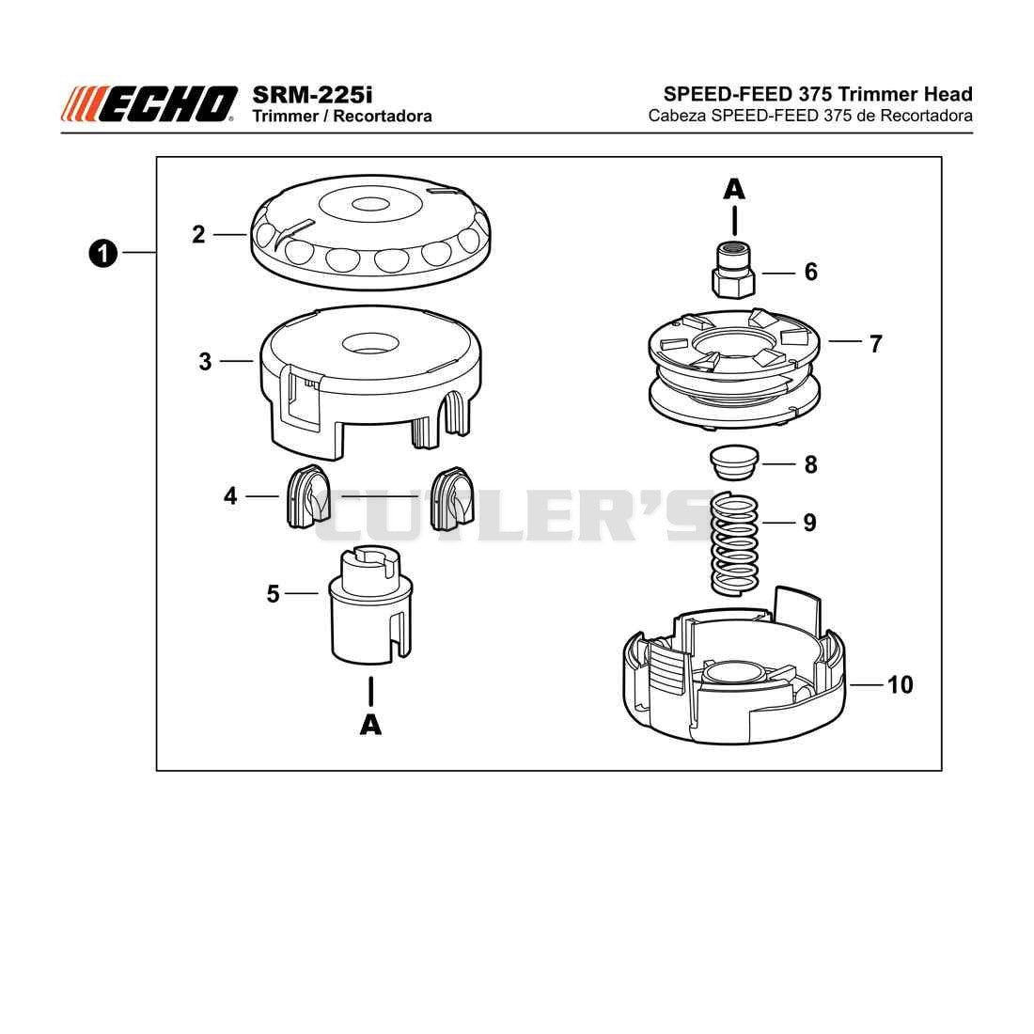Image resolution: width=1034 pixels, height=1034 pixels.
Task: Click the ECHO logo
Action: click(x=149, y=104)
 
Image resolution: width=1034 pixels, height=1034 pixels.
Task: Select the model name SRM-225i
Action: click(x=312, y=94)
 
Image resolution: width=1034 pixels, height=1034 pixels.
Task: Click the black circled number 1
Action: click(x=102, y=254)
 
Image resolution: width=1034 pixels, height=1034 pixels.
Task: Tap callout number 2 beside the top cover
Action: click(x=198, y=235)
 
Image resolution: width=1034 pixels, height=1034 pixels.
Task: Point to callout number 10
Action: click(x=901, y=684)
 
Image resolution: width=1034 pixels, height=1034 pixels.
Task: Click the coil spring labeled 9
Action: click(x=735, y=544)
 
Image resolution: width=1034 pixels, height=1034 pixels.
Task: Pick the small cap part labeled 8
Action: click(x=734, y=463)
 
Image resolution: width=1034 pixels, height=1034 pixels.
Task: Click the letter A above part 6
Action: click(x=734, y=190)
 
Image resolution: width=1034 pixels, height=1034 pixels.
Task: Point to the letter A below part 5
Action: click(x=370, y=725)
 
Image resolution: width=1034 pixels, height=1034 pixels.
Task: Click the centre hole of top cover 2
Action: click(x=370, y=204)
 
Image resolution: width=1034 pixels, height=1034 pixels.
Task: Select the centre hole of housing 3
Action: click(x=370, y=342)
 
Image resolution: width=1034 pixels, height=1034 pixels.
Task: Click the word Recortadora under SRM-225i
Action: click(x=383, y=116)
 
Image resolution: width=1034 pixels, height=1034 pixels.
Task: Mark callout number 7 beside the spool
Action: click(x=875, y=343)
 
